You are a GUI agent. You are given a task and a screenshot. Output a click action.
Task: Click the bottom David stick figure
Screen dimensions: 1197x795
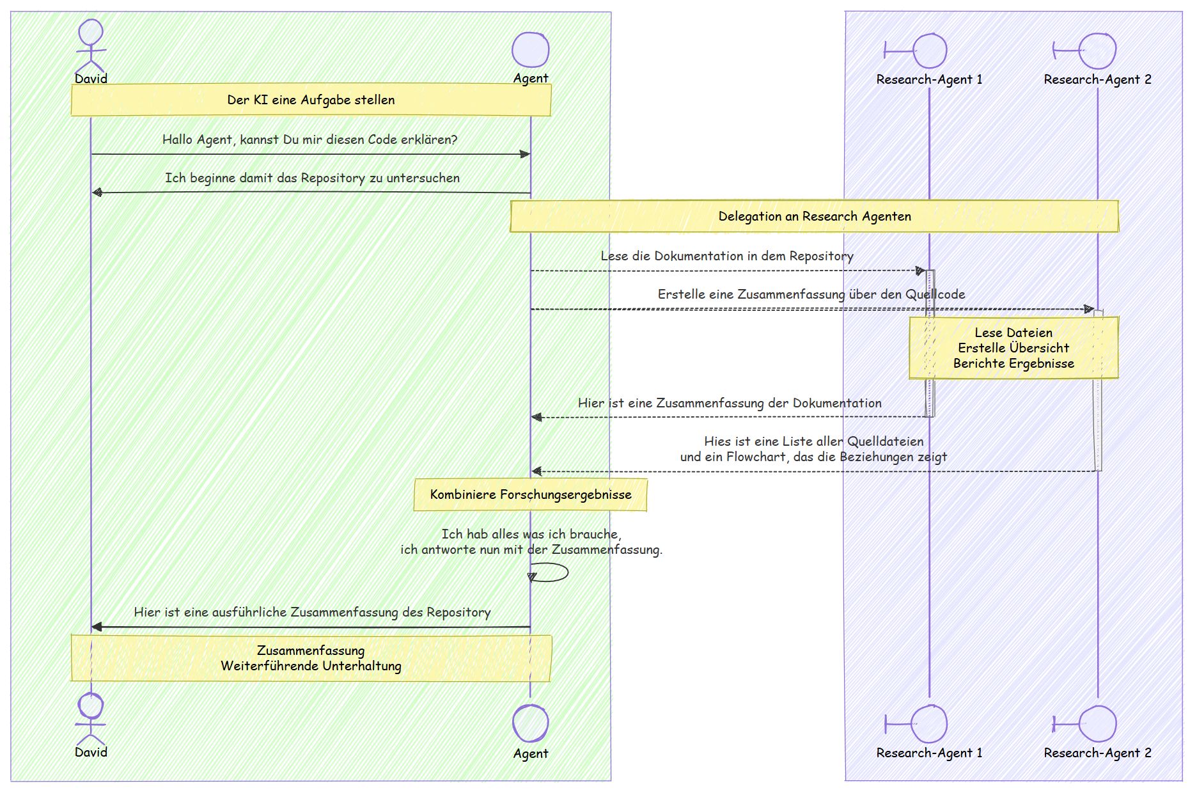tap(91, 718)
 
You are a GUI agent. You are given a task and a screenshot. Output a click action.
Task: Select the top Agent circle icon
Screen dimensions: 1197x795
tap(531, 50)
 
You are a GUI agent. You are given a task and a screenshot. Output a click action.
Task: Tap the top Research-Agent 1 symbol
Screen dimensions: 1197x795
tap(916, 51)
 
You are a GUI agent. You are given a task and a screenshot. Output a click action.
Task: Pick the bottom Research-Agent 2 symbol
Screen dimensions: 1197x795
tap(1084, 724)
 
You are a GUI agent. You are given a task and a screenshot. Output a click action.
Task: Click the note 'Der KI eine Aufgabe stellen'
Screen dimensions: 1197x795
tap(311, 100)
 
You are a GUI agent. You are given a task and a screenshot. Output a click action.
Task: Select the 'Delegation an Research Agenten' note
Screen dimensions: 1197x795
tap(814, 216)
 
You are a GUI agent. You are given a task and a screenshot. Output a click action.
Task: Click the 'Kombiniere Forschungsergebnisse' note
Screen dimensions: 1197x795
tap(531, 494)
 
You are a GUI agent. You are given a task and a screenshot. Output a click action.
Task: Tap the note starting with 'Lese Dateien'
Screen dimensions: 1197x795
tap(1013, 348)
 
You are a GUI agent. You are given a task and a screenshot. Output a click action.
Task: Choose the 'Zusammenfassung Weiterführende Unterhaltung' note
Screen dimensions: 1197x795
tap(311, 658)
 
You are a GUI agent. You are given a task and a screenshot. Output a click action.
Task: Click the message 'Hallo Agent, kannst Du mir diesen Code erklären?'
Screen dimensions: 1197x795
tap(310, 139)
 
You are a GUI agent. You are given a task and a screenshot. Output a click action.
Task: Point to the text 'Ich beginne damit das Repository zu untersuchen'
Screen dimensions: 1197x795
tap(312, 178)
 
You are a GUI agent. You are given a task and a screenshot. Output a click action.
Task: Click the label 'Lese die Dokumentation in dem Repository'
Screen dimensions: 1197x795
tap(727, 256)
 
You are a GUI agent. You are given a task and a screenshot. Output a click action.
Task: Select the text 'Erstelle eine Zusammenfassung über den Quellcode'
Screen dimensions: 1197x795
tap(811, 294)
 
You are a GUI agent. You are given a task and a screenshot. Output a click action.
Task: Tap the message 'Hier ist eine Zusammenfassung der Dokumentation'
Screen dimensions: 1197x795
tap(730, 403)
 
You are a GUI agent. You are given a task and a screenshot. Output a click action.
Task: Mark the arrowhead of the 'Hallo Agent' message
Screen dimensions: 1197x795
tap(525, 154)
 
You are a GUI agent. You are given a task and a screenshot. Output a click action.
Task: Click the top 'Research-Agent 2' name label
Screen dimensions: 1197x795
tap(1097, 79)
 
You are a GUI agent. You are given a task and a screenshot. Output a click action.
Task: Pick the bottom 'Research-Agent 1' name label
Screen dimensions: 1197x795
tap(929, 753)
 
